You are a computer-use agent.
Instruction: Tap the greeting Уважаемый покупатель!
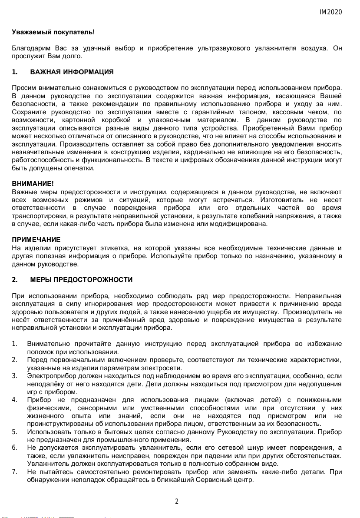click(53, 32)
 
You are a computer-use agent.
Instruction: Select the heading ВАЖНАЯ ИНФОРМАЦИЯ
click(72, 72)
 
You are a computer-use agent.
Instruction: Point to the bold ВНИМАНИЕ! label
click(33, 184)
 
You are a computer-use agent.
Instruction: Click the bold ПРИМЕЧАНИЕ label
click(36, 240)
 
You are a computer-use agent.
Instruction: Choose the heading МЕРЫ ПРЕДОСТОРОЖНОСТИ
click(81, 279)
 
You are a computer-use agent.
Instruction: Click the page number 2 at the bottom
click(177, 501)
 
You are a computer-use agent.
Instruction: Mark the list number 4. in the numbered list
click(15, 400)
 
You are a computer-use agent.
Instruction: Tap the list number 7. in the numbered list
click(15, 471)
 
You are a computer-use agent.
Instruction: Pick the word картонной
click(80, 120)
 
